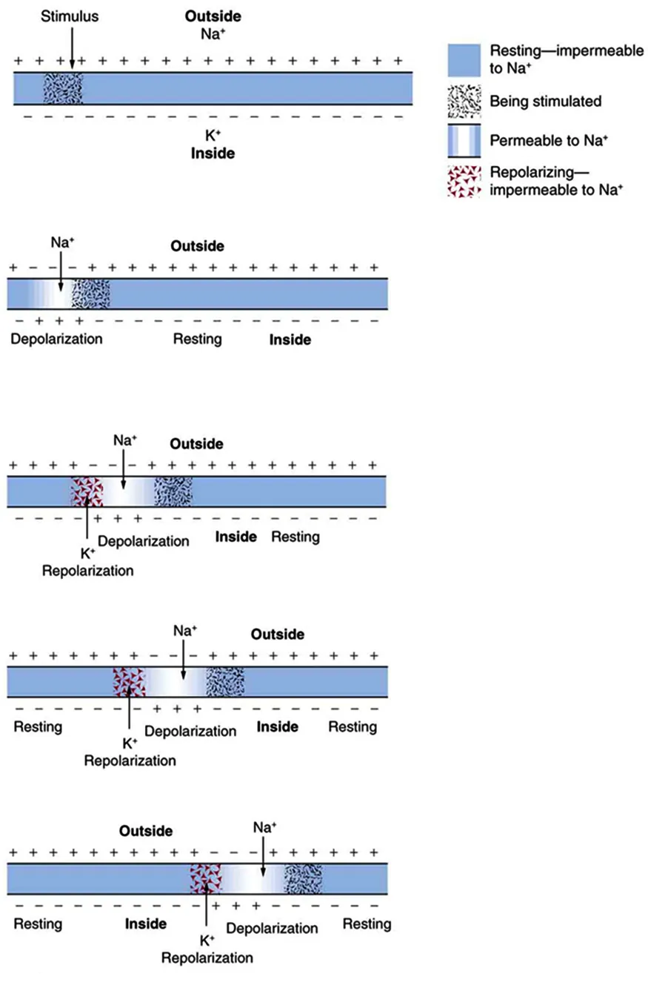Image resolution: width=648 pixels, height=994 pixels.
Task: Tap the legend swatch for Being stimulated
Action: (464, 101)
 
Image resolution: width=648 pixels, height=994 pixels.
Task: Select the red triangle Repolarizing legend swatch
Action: (464, 181)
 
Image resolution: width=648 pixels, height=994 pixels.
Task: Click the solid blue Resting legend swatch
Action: (464, 60)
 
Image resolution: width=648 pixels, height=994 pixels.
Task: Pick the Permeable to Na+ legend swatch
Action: (464, 141)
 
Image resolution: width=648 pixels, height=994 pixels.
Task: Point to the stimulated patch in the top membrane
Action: (62, 88)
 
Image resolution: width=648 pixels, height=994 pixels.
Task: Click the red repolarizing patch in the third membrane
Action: (87, 491)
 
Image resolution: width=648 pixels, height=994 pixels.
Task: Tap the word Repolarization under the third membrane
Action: (88, 571)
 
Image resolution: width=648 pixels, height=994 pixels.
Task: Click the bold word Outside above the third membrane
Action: (196, 444)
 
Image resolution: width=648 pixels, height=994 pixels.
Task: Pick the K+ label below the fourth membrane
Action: (130, 743)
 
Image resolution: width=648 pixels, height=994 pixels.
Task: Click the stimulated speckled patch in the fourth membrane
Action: (225, 681)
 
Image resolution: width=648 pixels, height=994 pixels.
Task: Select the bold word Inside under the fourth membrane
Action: (278, 726)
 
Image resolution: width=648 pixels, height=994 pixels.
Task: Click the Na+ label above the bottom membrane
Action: (264, 826)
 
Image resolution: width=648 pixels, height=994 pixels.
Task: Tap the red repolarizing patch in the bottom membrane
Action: (205, 878)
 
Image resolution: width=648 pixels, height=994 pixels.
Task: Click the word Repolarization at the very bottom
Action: (207, 957)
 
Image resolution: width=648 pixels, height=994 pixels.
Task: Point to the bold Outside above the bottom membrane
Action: (146, 831)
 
